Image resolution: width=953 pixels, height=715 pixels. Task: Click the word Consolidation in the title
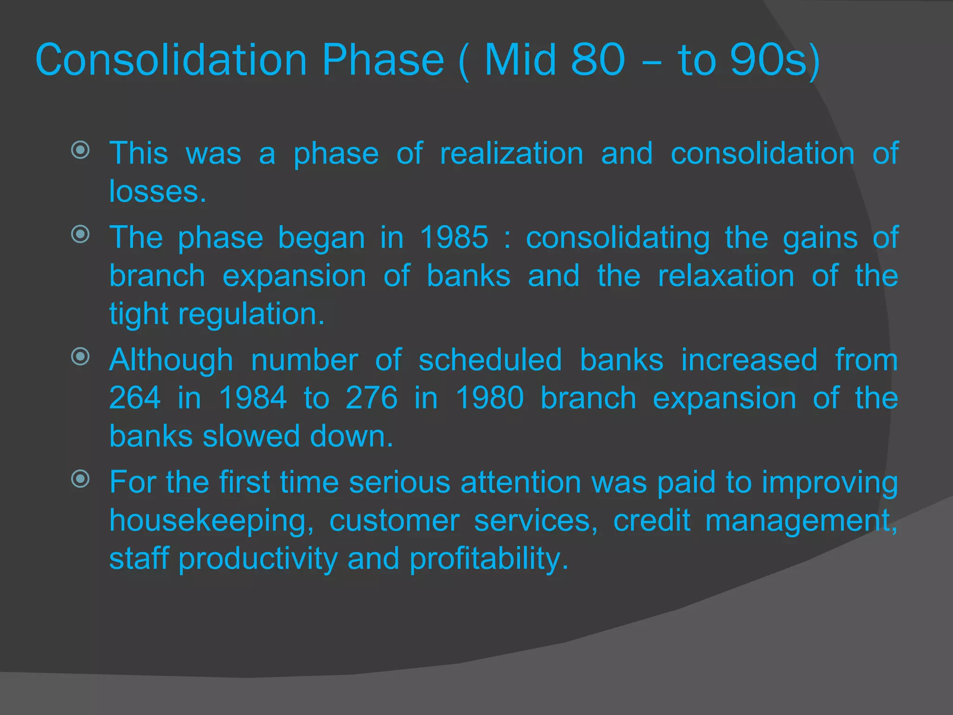click(171, 60)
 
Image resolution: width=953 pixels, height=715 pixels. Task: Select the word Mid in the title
click(520, 60)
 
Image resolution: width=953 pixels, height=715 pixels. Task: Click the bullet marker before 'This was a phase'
click(81, 150)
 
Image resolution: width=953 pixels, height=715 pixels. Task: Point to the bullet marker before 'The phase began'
click(81, 234)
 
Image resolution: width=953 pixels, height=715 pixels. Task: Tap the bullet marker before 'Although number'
click(81, 357)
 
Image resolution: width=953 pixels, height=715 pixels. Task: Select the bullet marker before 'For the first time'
click(81, 479)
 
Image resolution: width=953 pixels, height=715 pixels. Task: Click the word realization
click(511, 154)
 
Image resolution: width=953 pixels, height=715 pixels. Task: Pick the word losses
click(157, 192)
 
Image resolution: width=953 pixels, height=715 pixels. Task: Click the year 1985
click(454, 238)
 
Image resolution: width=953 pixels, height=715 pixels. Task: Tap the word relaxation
click(726, 276)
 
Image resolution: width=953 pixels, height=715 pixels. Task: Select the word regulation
click(251, 315)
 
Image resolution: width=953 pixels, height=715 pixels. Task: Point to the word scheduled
click(490, 360)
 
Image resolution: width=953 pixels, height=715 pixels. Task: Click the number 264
click(135, 398)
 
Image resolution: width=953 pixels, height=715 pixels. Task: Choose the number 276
click(371, 398)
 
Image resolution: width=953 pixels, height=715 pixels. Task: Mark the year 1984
click(253, 398)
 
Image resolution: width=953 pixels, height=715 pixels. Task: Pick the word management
click(801, 521)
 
